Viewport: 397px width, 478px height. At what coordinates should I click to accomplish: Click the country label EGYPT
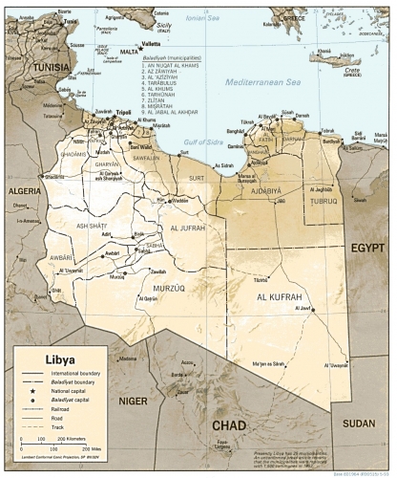point(367,247)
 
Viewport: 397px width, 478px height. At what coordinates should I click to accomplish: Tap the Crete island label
point(351,70)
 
